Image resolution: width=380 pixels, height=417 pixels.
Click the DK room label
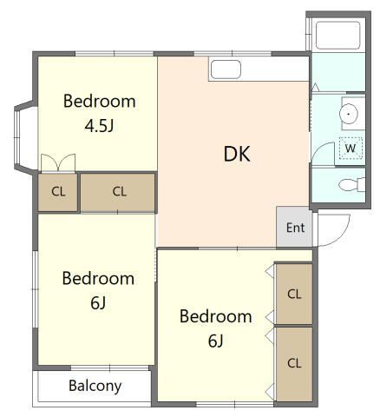(237, 154)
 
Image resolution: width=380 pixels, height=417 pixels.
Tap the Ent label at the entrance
(295, 228)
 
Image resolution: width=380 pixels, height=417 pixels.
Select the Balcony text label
(95, 387)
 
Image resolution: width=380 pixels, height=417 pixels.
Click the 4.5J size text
(99, 126)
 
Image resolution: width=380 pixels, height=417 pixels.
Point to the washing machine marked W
(351, 149)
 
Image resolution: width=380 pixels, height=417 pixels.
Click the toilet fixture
(351, 184)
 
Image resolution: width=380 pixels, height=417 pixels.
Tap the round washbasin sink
(349, 114)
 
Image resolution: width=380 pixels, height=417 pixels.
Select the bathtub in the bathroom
(337, 35)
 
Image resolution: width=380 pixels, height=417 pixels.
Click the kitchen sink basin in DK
(226, 69)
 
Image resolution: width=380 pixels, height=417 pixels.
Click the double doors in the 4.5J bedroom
(58, 163)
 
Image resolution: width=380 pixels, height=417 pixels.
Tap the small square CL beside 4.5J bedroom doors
(58, 192)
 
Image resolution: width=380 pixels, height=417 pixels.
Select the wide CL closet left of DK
(117, 192)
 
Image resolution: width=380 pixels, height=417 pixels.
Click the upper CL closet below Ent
(294, 294)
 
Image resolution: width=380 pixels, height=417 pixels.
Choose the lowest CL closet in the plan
(294, 364)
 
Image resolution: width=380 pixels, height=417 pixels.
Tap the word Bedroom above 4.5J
(100, 102)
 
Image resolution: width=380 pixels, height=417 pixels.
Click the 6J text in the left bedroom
(98, 303)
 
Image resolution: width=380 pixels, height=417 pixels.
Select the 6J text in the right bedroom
(216, 341)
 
